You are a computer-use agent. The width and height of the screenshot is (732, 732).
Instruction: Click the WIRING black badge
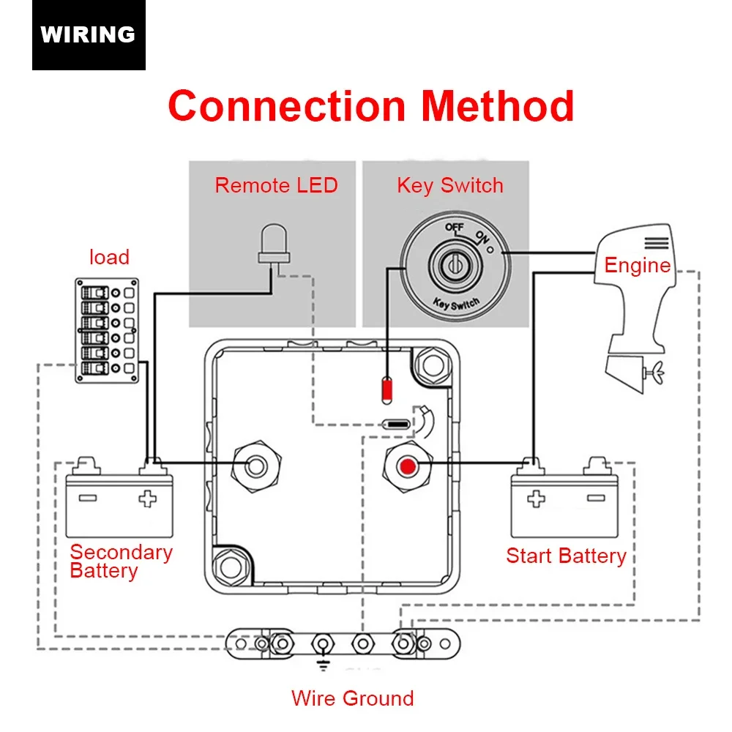89,34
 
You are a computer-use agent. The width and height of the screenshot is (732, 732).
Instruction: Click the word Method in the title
497,105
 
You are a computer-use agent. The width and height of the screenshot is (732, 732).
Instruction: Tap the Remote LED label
276,185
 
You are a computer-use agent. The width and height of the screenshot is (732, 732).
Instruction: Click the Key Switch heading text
449,185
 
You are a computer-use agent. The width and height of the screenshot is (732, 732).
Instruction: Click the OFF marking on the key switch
454,228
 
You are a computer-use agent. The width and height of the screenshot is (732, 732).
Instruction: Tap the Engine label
637,265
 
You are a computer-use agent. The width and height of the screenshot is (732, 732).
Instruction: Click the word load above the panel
109,257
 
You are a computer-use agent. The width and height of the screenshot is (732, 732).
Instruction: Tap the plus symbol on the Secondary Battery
148,499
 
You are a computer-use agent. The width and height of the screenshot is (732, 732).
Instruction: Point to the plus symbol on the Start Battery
537,499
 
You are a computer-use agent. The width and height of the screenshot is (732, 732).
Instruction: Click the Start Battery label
566,556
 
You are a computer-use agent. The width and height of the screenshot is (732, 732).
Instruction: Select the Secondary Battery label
121,561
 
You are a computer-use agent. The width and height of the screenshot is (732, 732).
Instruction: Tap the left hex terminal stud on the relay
256,466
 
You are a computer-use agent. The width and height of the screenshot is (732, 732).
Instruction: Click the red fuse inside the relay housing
387,388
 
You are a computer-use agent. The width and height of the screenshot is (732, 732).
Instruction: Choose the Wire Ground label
352,698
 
